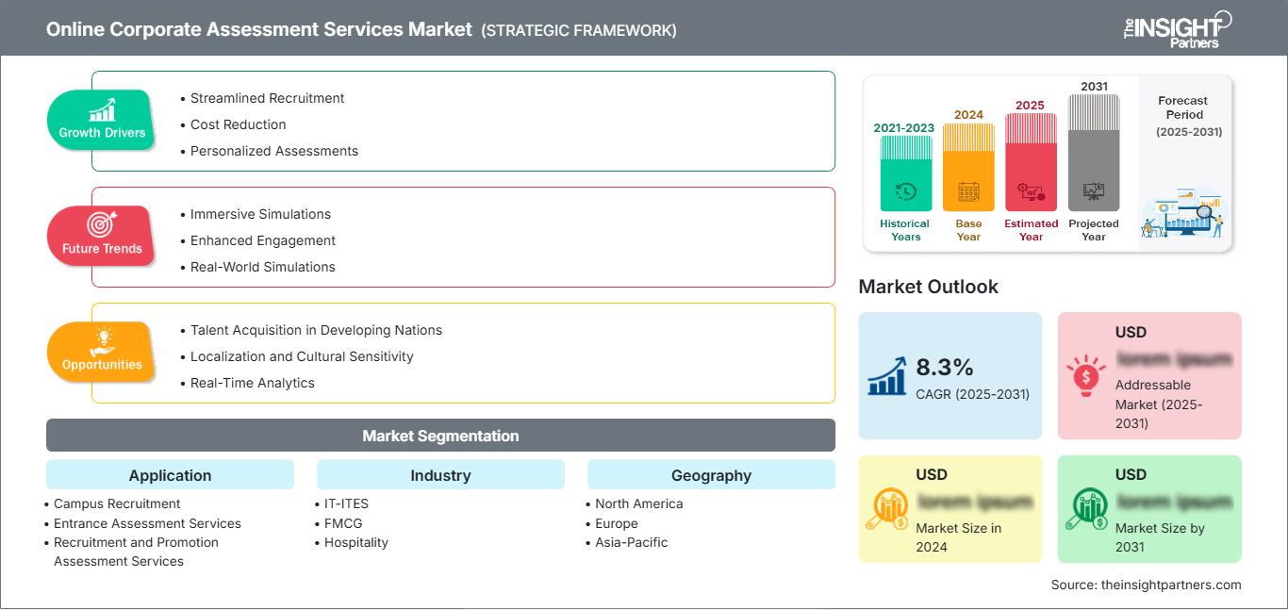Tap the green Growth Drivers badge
[102, 120]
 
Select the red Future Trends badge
[102, 236]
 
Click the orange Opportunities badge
[102, 352]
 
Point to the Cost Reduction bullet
[238, 124]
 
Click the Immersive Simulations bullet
[260, 214]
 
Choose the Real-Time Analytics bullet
[252, 383]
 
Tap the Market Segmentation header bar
[440, 436]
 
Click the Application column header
[170, 475]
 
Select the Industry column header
[440, 475]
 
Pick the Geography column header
[711, 475]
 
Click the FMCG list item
[343, 523]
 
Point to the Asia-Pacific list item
[631, 542]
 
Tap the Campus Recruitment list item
[117, 503]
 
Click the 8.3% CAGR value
[944, 367]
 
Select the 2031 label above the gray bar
[1094, 87]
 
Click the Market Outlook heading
[928, 287]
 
